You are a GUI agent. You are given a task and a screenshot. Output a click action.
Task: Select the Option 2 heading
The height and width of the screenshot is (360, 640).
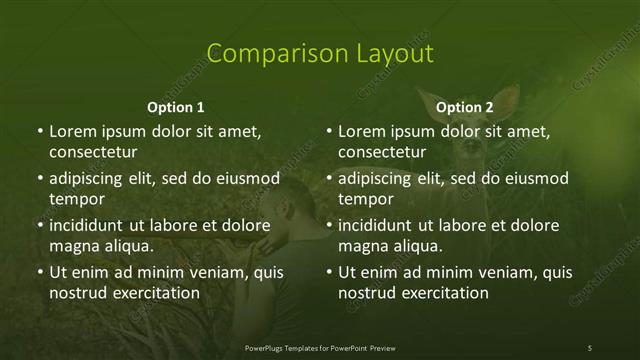point(465,107)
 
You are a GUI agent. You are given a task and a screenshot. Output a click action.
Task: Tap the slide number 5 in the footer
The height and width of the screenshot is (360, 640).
point(590,347)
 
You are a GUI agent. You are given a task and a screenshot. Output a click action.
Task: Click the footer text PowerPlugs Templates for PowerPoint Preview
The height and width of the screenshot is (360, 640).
point(319,347)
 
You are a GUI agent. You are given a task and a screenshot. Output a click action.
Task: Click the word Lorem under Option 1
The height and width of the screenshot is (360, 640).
point(72,131)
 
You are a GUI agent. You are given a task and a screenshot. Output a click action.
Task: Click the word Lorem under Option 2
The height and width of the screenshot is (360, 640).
point(361,131)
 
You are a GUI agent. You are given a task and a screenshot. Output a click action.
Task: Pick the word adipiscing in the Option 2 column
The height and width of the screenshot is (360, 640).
point(374,178)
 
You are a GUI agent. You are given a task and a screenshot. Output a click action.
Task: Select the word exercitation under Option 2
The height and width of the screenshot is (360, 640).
point(440,294)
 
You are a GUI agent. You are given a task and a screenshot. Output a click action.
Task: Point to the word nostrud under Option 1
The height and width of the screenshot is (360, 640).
point(77,294)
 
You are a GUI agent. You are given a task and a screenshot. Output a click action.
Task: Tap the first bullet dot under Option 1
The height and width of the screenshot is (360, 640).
point(39,131)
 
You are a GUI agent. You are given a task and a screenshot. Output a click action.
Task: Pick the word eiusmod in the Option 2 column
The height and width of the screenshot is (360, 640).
point(536,178)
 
